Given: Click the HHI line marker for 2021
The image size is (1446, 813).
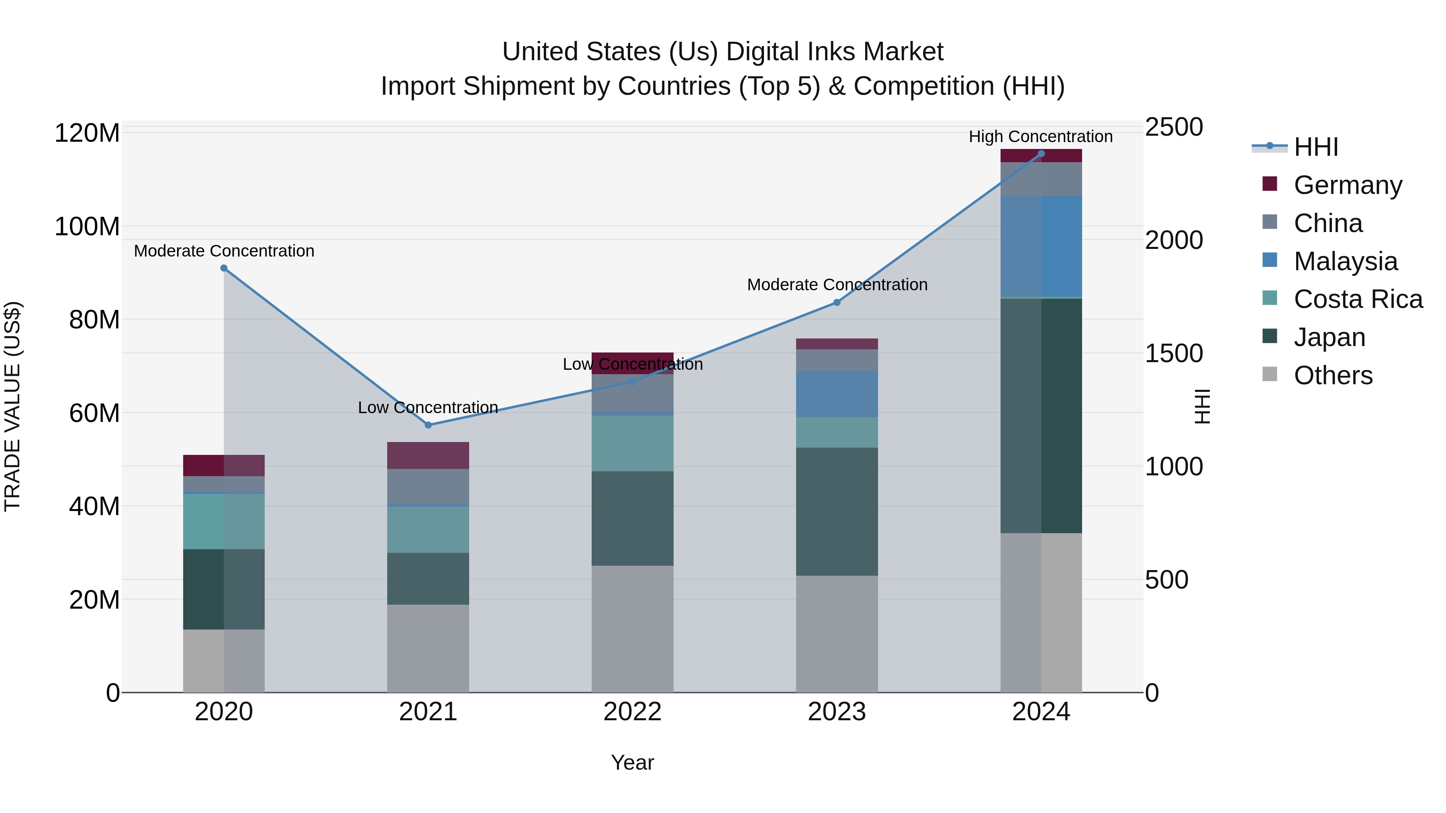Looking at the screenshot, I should [x=428, y=425].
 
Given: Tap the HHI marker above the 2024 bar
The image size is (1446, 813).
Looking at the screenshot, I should [x=1041, y=154].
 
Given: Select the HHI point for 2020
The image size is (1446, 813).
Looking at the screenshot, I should [x=224, y=268].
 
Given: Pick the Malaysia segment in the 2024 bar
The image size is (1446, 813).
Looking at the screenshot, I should [x=1041, y=246].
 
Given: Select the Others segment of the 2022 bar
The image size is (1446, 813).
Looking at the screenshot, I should [x=633, y=628].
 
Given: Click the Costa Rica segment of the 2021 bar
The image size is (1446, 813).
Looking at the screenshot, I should [x=428, y=529].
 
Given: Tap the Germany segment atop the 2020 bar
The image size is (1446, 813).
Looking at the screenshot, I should [x=224, y=465].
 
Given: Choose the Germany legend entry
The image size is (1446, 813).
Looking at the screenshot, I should [x=1347, y=185].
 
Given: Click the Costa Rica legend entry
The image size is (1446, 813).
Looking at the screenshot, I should [x=1357, y=299].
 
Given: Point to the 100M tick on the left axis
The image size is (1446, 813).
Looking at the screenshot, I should [x=87, y=227].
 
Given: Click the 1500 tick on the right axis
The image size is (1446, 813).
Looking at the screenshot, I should [x=1174, y=353].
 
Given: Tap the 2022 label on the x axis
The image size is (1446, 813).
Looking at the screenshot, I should [x=633, y=712].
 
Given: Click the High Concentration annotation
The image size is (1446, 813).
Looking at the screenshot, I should [x=1040, y=137].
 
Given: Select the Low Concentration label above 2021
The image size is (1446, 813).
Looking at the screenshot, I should [x=428, y=408].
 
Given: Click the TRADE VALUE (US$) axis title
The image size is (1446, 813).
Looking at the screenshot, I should [x=12, y=406].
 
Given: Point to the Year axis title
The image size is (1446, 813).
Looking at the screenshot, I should [x=632, y=762].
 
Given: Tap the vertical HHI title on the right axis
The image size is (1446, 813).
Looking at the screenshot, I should [x=1202, y=406].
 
